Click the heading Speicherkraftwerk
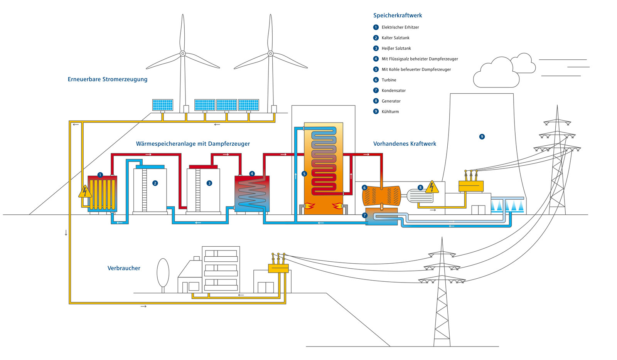tap(397, 15)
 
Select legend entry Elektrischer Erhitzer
tap(400, 27)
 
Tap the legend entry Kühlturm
tap(390, 112)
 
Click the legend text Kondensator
tap(393, 91)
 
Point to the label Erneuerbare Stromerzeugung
tap(107, 79)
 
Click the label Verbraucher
tap(124, 268)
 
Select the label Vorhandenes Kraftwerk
tap(405, 144)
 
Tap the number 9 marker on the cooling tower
tap(482, 137)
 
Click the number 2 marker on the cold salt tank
tap(155, 183)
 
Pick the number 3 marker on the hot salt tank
tap(209, 183)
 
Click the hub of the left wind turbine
tap(183, 54)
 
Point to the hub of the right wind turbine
tap(270, 54)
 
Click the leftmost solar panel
tap(162, 105)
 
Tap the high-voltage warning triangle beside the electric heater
tap(85, 192)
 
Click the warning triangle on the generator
tap(432, 187)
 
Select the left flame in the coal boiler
tap(310, 206)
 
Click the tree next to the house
tap(163, 273)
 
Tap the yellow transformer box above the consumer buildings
tap(278, 268)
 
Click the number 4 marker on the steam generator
tap(252, 174)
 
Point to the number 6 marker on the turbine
tap(364, 188)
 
